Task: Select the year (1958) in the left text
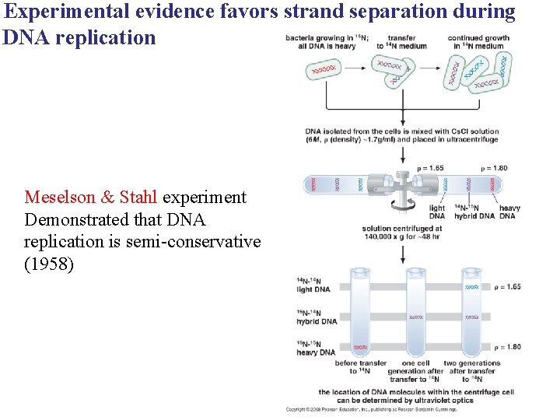coord(49,264)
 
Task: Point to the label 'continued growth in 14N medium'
coord(478,41)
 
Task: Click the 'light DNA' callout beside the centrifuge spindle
coord(437,212)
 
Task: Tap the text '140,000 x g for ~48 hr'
coord(402,237)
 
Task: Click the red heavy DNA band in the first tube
coord(360,347)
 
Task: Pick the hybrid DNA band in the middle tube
coord(415,317)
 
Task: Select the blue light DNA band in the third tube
coord(471,287)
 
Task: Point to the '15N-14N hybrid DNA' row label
coord(317,317)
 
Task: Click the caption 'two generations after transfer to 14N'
coord(471,371)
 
